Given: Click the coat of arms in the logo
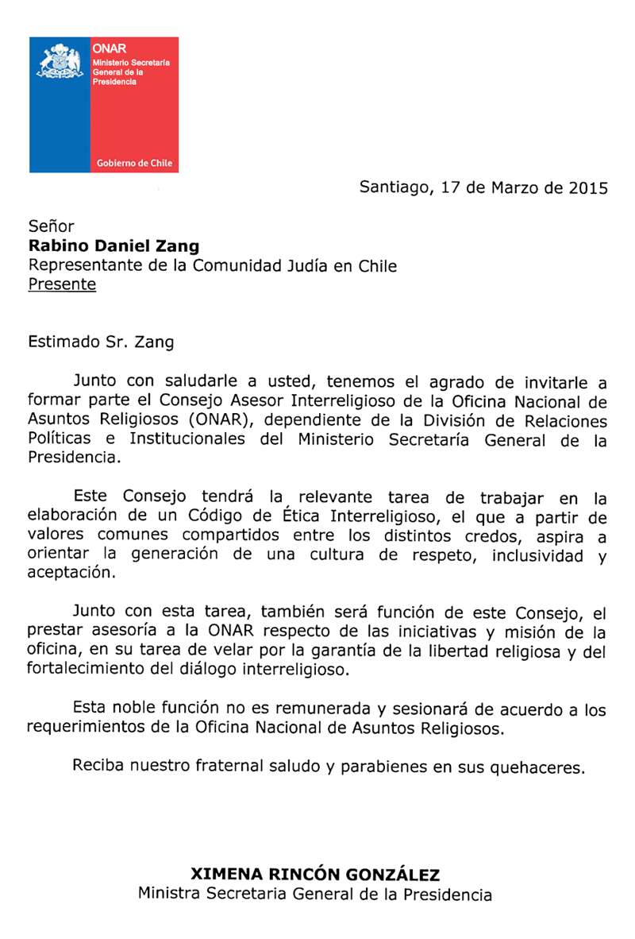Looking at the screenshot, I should [60, 63].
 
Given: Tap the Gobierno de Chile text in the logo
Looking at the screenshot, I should [134, 163].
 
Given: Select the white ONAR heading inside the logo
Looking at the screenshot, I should [104, 49].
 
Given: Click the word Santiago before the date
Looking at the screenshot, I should [393, 189].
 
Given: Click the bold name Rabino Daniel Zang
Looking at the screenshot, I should [114, 246].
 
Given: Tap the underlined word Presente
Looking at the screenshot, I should [62, 284].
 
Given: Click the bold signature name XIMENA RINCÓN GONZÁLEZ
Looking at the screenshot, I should [315, 875].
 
